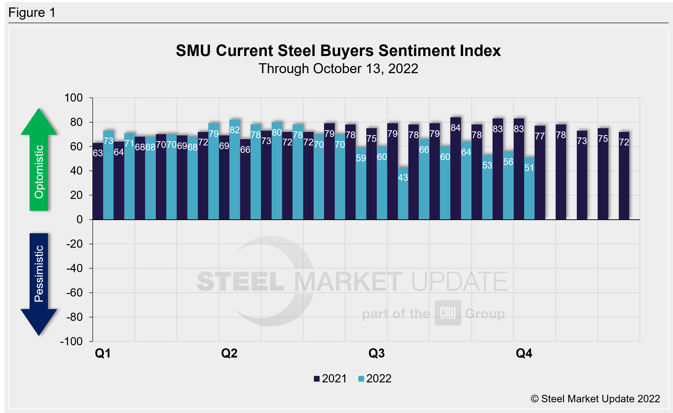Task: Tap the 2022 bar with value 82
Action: click(235, 170)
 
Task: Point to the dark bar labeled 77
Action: click(540, 172)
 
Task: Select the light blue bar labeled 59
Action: click(361, 183)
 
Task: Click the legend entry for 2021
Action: click(330, 379)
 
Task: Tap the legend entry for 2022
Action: click(375, 379)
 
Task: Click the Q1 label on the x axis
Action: click(103, 353)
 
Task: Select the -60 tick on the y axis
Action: click(74, 293)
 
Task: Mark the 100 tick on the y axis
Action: click(73, 98)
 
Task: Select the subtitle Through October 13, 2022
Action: click(338, 69)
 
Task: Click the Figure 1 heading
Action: click(32, 13)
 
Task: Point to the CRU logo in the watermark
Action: click(448, 313)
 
